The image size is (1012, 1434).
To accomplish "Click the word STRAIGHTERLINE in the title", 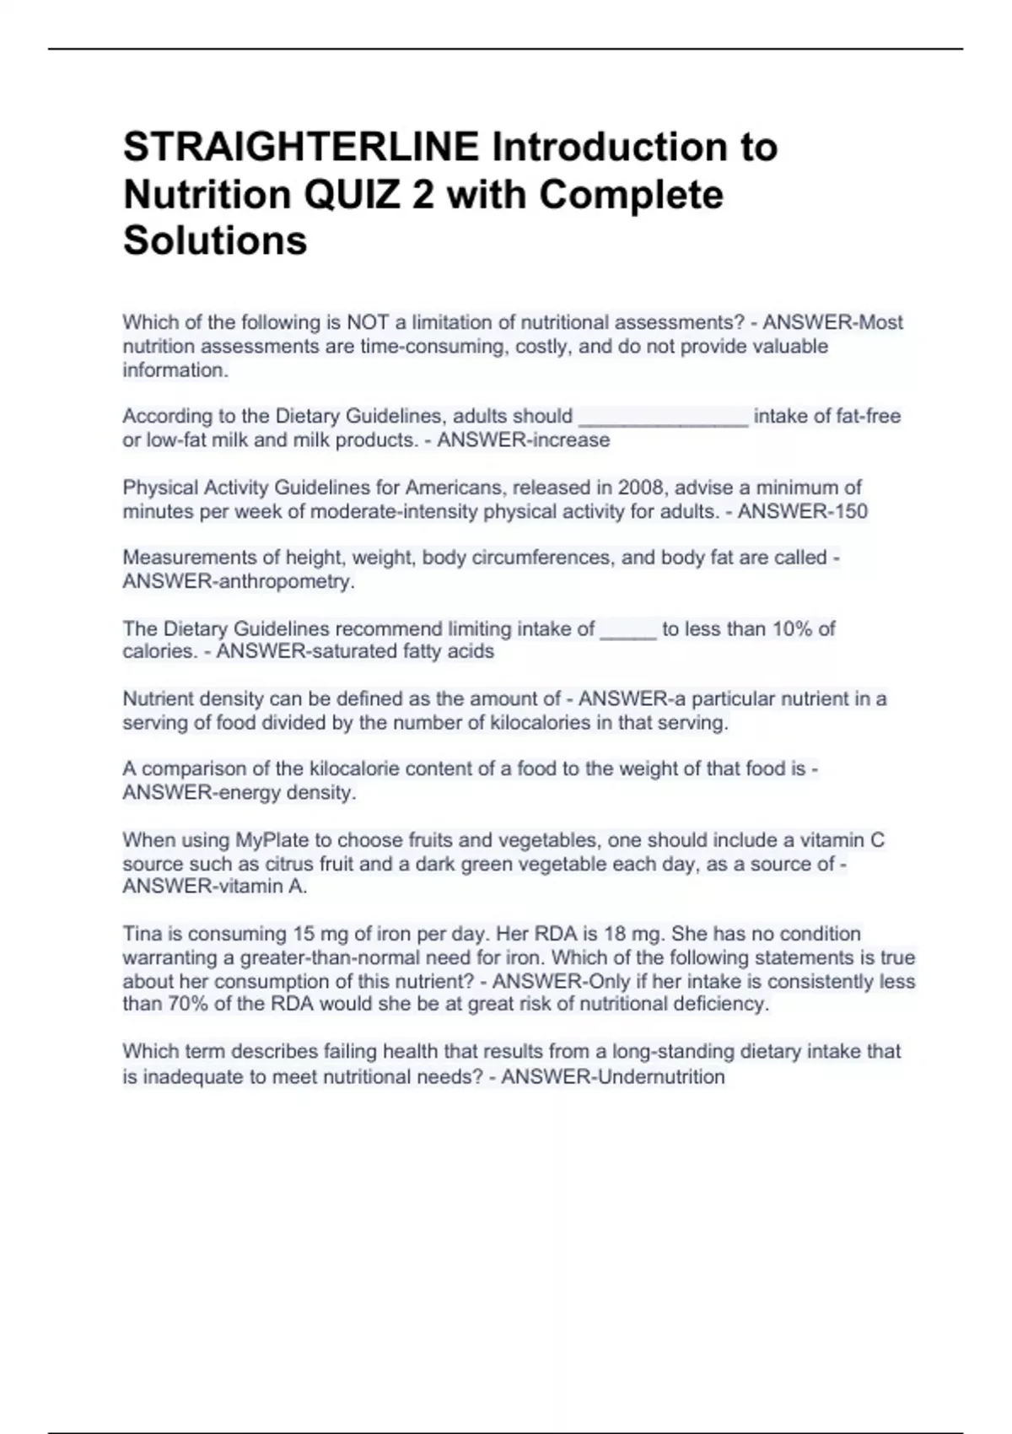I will tap(302, 148).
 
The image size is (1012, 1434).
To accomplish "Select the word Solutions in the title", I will tap(215, 240).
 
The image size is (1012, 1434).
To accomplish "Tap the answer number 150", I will tap(849, 511).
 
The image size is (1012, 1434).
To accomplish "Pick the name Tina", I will tap(141, 934).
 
